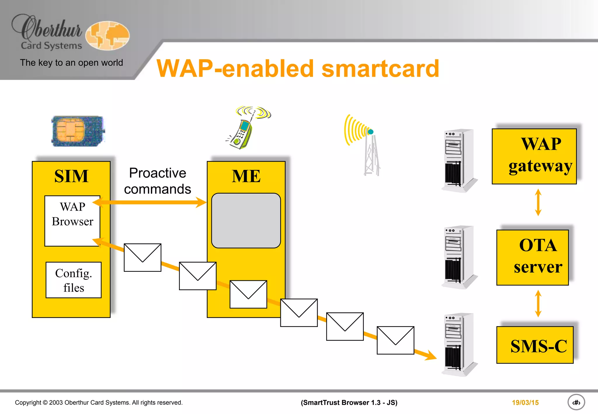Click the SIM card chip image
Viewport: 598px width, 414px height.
tap(78, 131)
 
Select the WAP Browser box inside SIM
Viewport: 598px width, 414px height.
tap(72, 221)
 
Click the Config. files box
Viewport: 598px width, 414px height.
tap(74, 280)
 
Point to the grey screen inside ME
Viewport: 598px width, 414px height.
tap(246, 220)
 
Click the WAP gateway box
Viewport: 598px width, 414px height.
tap(534, 156)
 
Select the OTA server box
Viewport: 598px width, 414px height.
tap(532, 257)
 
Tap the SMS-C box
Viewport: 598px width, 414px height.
tap(535, 345)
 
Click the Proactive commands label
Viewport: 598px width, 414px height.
tap(157, 181)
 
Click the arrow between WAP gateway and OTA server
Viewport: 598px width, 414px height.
tap(538, 202)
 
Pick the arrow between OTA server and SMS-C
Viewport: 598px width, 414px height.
tap(538, 303)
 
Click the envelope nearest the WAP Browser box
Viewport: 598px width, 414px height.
tap(142, 258)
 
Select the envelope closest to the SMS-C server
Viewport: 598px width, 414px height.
tap(395, 340)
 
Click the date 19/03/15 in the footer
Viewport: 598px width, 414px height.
tap(525, 403)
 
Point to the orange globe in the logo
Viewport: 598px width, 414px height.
tap(107, 36)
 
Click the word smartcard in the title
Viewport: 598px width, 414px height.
tap(380, 69)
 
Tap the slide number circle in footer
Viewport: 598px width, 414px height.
tap(576, 402)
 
